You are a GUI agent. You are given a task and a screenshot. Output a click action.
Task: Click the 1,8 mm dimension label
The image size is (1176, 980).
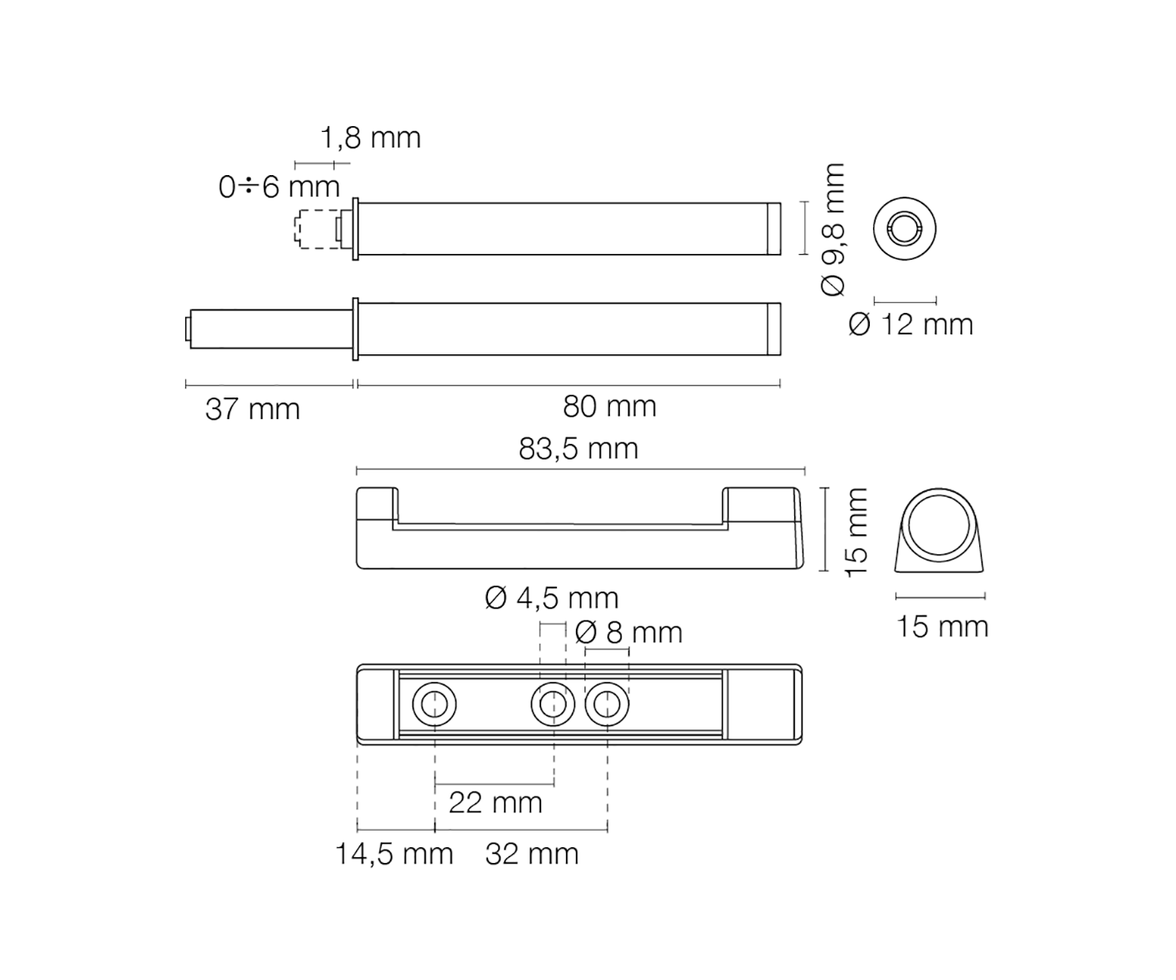pos(370,138)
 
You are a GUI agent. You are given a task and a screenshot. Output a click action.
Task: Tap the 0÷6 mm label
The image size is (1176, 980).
pos(280,187)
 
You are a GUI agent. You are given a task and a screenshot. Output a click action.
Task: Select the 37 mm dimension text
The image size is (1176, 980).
pos(252,409)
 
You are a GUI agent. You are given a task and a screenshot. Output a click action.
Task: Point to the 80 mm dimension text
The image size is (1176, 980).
pos(609,407)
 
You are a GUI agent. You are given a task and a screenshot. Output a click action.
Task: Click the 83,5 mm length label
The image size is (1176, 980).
pos(578,449)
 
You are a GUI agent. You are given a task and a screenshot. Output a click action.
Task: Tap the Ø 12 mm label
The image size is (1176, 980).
pos(910,325)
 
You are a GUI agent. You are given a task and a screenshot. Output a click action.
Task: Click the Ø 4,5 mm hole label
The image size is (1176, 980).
pos(551,598)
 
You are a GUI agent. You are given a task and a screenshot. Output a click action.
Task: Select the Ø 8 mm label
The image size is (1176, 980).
pos(628,632)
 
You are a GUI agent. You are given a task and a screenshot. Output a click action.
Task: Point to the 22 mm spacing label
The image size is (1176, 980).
pos(495,802)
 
